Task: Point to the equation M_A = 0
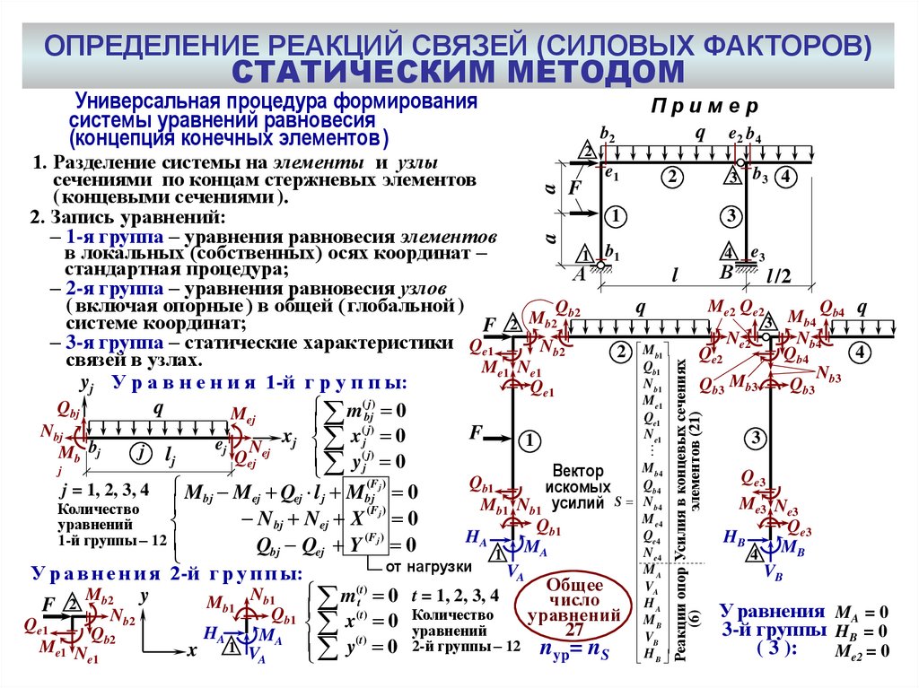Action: pyautogui.click(x=861, y=612)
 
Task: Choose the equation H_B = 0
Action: pyautogui.click(x=861, y=631)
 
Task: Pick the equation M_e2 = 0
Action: pyautogui.click(x=861, y=652)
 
